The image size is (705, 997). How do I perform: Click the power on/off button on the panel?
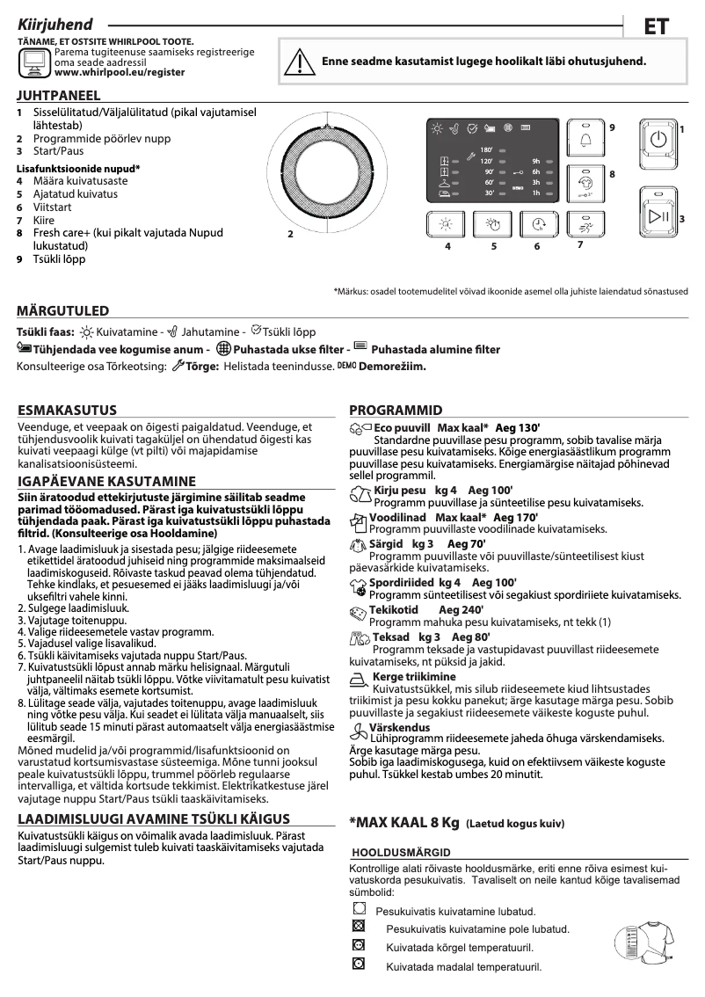click(658, 141)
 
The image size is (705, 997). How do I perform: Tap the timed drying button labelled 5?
click(493, 226)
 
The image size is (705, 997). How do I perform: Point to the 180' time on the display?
click(486, 150)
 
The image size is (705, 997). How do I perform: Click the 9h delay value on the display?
click(535, 162)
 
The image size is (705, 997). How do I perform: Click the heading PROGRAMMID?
click(396, 411)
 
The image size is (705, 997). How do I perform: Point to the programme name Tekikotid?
click(394, 610)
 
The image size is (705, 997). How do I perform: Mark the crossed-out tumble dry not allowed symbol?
click(358, 927)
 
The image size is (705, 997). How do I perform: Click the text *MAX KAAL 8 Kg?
click(404, 823)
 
